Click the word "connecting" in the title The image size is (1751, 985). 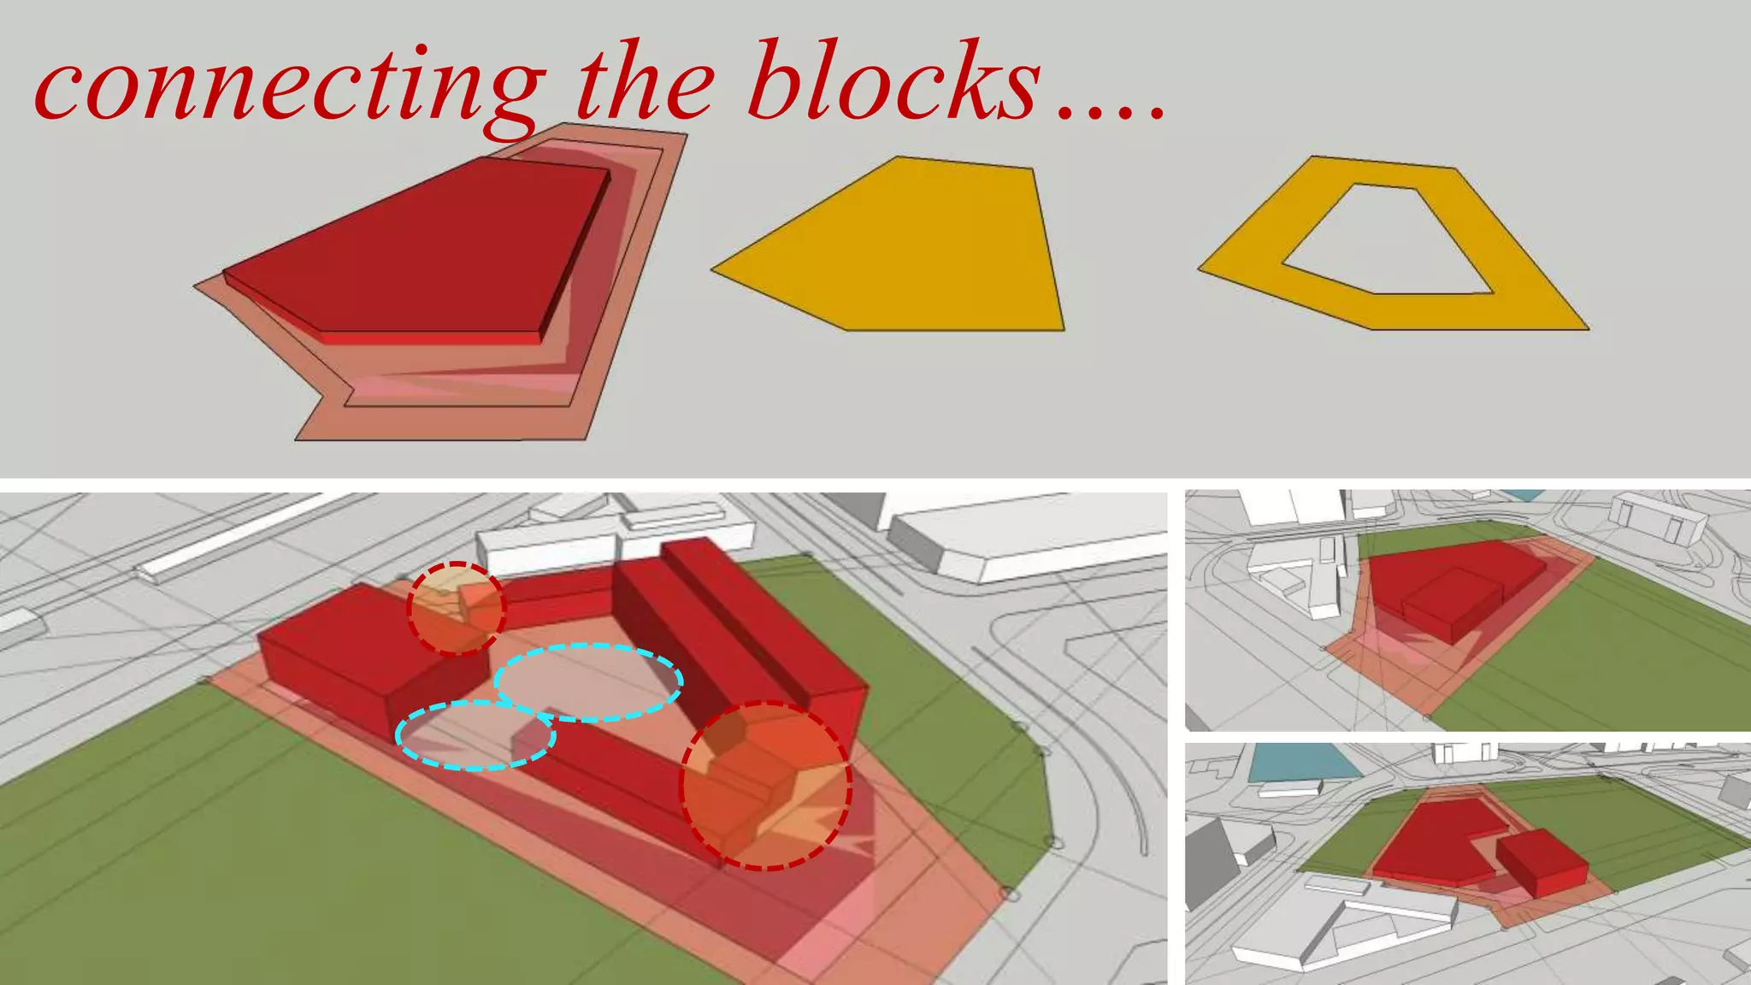coord(286,86)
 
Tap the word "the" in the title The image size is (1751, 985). coord(646,86)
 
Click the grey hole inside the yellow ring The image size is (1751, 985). coord(1385,239)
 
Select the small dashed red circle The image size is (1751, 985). coord(457,608)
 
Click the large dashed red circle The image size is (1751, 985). coord(765,785)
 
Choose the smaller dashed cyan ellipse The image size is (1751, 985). coord(475,735)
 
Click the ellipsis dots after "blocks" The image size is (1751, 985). coord(1111,111)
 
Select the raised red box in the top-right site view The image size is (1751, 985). coord(1453,603)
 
